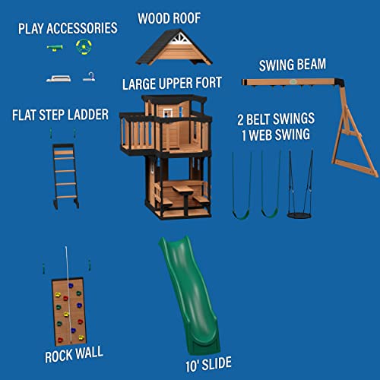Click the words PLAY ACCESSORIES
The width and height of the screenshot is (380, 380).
(x=69, y=28)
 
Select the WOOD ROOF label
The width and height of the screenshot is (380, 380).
(x=169, y=17)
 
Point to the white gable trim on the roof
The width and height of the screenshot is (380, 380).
(x=177, y=37)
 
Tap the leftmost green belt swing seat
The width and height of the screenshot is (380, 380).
(x=241, y=214)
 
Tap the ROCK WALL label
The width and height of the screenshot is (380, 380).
(x=73, y=353)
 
